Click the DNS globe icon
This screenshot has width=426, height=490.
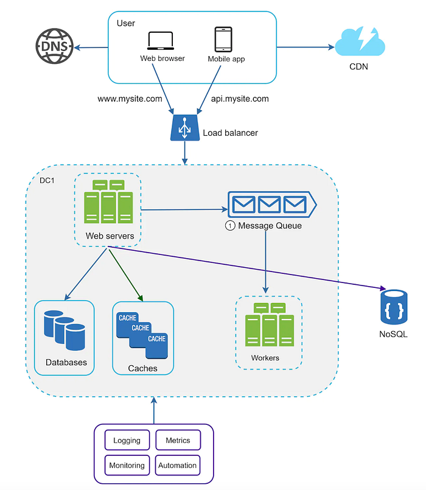pyautogui.click(x=54, y=46)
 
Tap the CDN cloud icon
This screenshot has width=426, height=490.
pyautogui.click(x=360, y=41)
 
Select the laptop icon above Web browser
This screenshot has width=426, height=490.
pyautogui.click(x=160, y=41)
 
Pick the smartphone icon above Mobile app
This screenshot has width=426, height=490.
pyautogui.click(x=223, y=40)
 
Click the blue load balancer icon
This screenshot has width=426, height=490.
pyautogui.click(x=185, y=127)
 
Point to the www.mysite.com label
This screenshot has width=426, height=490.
pyautogui.click(x=130, y=99)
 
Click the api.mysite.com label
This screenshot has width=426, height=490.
pyautogui.click(x=240, y=99)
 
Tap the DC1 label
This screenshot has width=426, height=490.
pyautogui.click(x=47, y=180)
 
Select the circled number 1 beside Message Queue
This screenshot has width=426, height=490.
pyautogui.click(x=230, y=226)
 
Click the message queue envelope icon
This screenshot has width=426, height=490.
pyautogui.click(x=272, y=205)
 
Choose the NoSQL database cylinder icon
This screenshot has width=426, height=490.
pyautogui.click(x=394, y=307)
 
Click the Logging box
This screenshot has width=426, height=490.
pyautogui.click(x=127, y=440)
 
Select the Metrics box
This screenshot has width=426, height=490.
pyautogui.click(x=178, y=440)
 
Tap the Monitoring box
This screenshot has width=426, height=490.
pyautogui.click(x=127, y=465)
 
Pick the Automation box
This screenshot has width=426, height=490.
pyautogui.click(x=178, y=465)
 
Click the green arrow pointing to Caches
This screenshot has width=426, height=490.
pyautogui.click(x=125, y=275)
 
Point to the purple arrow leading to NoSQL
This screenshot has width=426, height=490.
pyautogui.click(x=247, y=268)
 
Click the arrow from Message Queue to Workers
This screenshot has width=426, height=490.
pyautogui.click(x=266, y=262)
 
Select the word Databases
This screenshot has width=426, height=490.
pyautogui.click(x=66, y=362)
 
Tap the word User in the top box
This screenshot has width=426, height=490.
pyautogui.click(x=125, y=23)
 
